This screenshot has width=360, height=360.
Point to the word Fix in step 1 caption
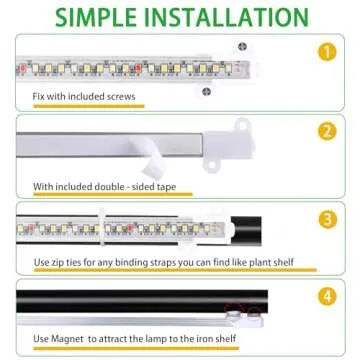click(39, 97)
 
